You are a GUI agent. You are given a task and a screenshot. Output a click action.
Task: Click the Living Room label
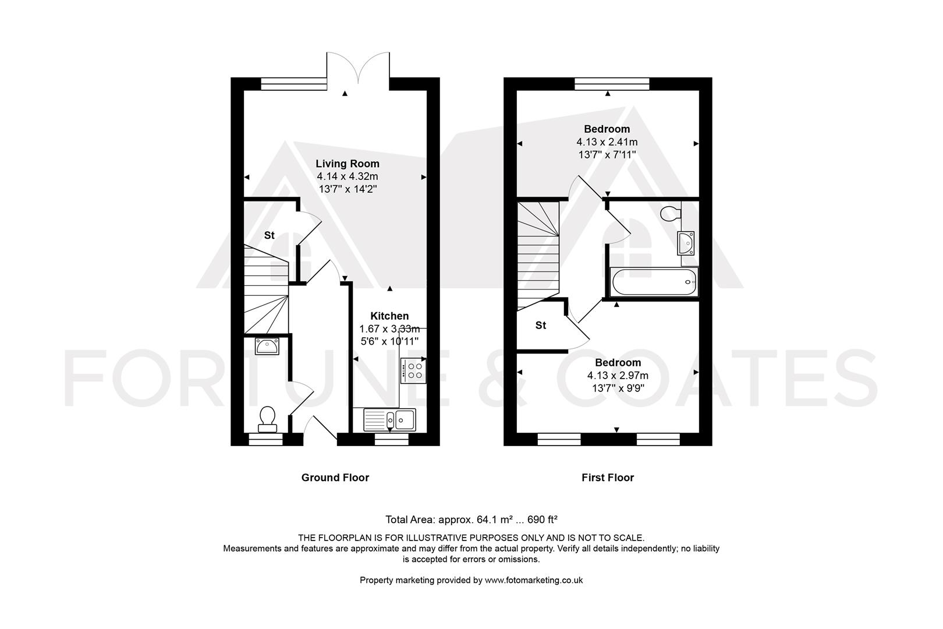[x=347, y=164]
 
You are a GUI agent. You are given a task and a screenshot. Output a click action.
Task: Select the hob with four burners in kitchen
[x=413, y=370]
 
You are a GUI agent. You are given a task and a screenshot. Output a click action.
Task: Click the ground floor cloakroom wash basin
[x=267, y=347]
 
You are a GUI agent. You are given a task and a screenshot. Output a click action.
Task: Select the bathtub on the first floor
[x=653, y=282]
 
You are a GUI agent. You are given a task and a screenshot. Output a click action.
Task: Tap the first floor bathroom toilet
[x=671, y=213]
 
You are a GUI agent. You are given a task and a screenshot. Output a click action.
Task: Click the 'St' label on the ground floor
[x=269, y=235]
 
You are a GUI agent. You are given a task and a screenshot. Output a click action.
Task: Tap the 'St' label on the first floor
[x=541, y=326]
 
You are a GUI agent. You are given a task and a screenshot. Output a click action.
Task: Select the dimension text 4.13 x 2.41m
[x=607, y=142]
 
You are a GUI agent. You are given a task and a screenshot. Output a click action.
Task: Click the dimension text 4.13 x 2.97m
[x=618, y=375]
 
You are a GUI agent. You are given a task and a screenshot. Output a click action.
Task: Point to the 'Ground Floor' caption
[x=335, y=478]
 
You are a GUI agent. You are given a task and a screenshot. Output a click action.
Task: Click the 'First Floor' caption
[x=607, y=478]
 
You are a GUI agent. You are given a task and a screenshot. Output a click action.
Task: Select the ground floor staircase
[x=266, y=291]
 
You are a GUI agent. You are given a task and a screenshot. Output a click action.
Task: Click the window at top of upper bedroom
[x=612, y=84]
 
